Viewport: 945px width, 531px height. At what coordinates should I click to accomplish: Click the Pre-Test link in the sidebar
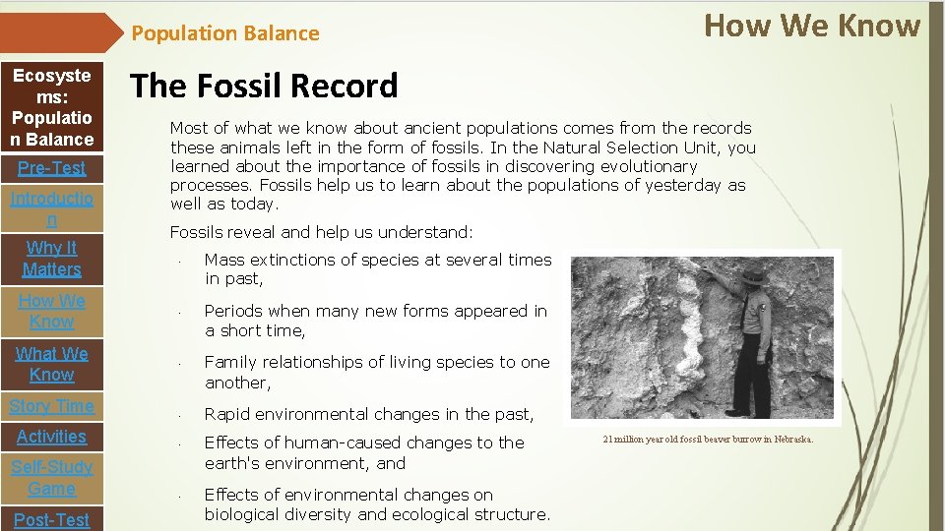tap(52, 168)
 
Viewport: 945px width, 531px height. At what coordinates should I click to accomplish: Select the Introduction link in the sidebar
tap(52, 209)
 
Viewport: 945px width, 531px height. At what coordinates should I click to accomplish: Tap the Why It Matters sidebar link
tap(52, 259)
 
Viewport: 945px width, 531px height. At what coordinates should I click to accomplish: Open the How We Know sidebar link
tap(52, 311)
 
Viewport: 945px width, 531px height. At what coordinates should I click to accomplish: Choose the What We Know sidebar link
tap(52, 364)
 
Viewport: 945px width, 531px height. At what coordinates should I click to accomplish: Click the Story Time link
tap(52, 406)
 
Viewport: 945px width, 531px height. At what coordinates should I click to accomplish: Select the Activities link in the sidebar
tap(52, 437)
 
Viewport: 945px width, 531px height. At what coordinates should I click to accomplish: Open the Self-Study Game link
tap(52, 478)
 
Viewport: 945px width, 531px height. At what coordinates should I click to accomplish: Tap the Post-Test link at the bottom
tap(52, 519)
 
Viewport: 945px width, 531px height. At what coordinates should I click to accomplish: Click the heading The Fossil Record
tap(264, 87)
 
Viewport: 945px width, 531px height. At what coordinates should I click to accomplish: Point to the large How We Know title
tap(812, 26)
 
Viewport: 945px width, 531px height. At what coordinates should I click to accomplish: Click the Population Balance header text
tap(225, 33)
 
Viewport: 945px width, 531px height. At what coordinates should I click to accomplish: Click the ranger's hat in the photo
tap(754, 277)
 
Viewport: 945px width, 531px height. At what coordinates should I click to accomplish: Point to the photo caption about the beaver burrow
tap(708, 440)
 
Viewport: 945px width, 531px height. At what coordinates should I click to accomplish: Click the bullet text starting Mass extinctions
tap(377, 269)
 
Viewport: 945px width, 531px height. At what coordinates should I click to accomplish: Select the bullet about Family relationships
tap(377, 372)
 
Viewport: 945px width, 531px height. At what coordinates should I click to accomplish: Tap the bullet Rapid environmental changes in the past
tap(369, 414)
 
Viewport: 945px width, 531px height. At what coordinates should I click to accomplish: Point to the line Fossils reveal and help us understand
tap(321, 233)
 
